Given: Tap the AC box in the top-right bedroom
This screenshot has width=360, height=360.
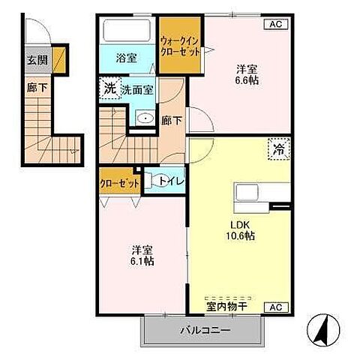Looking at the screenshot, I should (276, 24).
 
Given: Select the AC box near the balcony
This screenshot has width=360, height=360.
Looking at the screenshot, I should (276, 307).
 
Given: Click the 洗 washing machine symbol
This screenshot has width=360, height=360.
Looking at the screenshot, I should (109, 88).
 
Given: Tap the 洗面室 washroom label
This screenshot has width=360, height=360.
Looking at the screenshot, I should (138, 89).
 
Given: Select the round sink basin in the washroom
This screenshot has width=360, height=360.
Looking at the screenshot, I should (144, 118).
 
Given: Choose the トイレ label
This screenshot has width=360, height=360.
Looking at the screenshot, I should (171, 181).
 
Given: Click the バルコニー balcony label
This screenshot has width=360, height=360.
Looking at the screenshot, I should (204, 329).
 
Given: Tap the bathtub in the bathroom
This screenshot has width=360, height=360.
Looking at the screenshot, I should (126, 31).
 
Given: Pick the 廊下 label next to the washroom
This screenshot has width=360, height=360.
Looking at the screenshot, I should (171, 120).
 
